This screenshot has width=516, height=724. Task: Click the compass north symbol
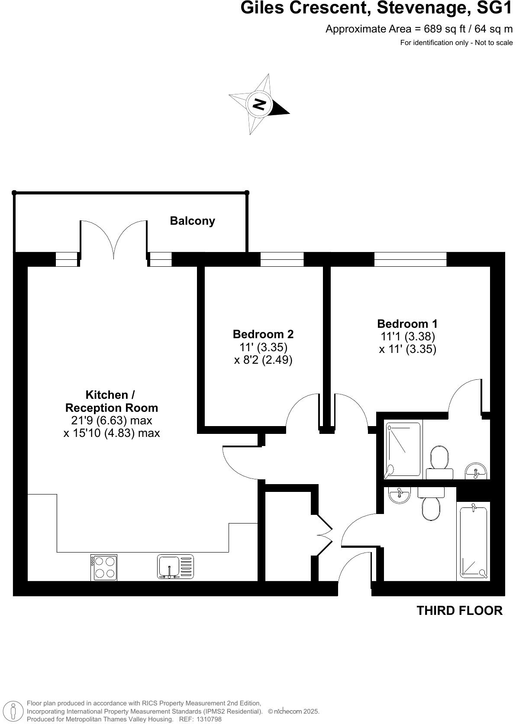pyautogui.click(x=259, y=104)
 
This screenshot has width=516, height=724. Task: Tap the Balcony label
pyautogui.click(x=192, y=221)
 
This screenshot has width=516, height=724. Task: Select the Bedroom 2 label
pyautogui.click(x=263, y=334)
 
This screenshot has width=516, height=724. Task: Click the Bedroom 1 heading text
pyautogui.click(x=407, y=323)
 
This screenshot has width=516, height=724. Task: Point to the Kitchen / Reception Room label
pyautogui.click(x=111, y=401)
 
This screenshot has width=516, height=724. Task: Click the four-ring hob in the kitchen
pyautogui.click(x=104, y=567)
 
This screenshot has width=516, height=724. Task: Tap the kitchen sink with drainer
pyautogui.click(x=175, y=567)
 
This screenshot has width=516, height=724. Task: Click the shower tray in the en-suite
pyautogui.click(x=403, y=449)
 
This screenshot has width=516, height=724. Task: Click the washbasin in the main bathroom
pyautogui.click(x=399, y=495)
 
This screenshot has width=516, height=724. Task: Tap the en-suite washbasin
pyautogui.click(x=476, y=470)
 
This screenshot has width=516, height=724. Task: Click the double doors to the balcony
pyautogui.click(x=113, y=240)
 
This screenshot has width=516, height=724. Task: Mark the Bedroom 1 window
pyautogui.click(x=410, y=259)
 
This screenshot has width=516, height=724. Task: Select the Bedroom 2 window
pyautogui.click(x=282, y=259)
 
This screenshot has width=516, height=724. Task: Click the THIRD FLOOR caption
pyautogui.click(x=459, y=611)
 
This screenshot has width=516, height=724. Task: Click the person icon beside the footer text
pyautogui.click(x=14, y=711)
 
